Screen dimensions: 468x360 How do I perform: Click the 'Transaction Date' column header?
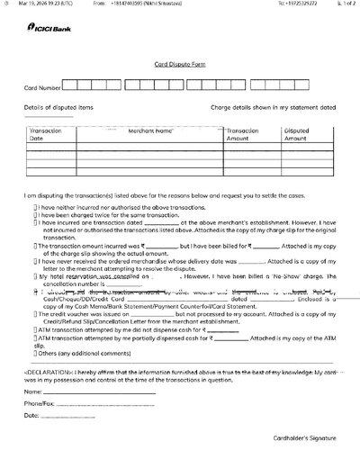pos(44,135)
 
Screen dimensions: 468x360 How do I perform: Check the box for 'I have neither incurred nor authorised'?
pos(35,207)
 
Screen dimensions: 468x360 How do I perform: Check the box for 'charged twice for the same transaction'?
pos(35,215)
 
